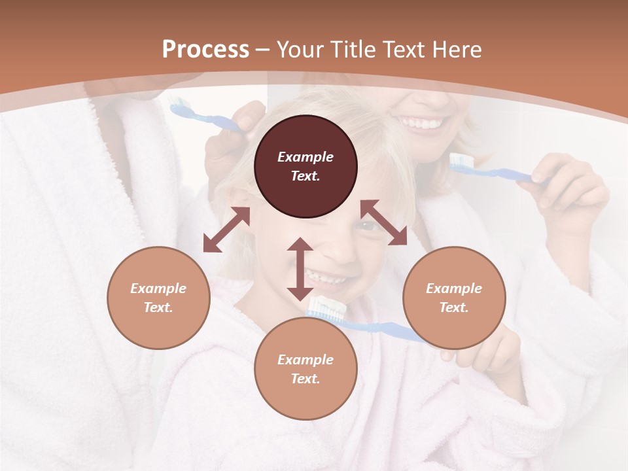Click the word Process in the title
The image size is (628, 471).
coord(205,50)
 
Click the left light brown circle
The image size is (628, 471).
coord(158,298)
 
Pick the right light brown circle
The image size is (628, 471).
coord(454,298)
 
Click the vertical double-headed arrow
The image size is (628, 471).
coord(300,269)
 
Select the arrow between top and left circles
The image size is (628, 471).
coord(226,230)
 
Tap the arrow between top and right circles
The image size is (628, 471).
coord(383,222)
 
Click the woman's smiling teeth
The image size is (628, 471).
coord(421,122)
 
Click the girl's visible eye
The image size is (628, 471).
coord(368,226)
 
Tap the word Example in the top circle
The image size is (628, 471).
coord(305,157)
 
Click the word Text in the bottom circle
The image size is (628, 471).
coord(305,379)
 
